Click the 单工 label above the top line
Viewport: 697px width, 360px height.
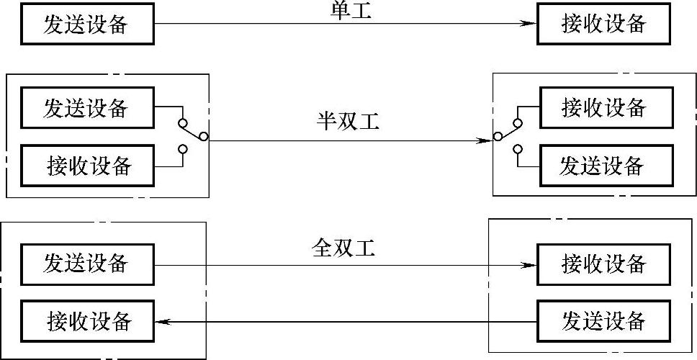coord(348,11)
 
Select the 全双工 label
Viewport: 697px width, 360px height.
coord(344,248)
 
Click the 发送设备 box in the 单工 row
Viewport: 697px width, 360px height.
coord(86,24)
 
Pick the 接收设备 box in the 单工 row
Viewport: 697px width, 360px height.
coord(603,24)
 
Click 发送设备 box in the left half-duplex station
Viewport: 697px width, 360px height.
coord(86,108)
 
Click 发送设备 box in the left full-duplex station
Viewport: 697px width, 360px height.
coord(86,263)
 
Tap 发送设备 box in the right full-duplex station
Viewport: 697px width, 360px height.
coord(603,320)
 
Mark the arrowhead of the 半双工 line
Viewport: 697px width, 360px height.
coord(486,140)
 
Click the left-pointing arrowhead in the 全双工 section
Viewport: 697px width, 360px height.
coord(163,321)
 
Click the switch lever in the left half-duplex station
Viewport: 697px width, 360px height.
coord(194,129)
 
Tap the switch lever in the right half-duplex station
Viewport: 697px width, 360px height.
coord(508,129)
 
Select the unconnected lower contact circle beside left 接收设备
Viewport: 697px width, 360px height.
coord(182,150)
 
